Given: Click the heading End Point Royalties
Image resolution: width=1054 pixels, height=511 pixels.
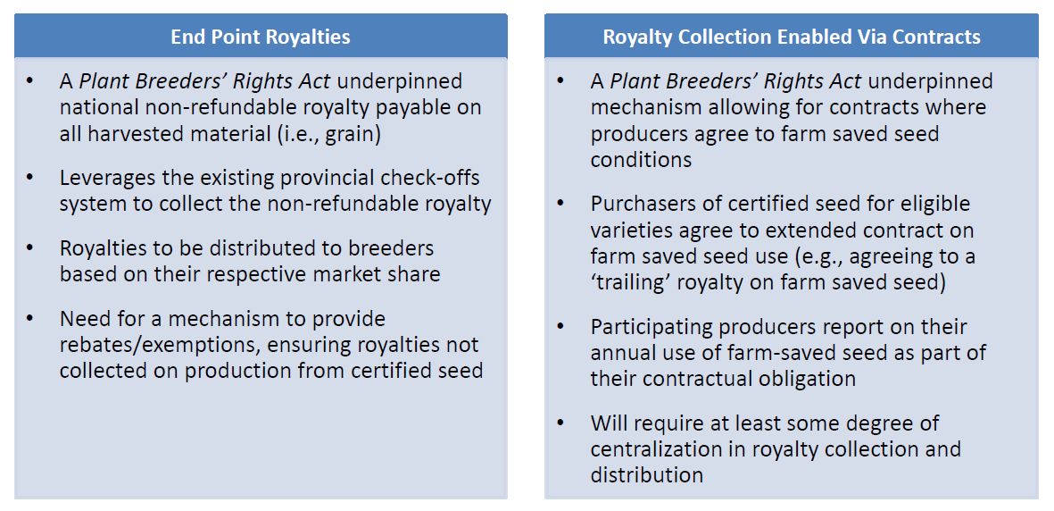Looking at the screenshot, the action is pyautogui.click(x=260, y=37).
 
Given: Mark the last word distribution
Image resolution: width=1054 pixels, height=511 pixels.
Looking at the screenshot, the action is pyautogui.click(x=647, y=475).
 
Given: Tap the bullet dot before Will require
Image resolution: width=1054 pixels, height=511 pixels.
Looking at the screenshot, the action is pyautogui.click(x=560, y=423).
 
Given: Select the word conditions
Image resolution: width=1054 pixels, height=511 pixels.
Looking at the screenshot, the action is pyautogui.click(x=642, y=160).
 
